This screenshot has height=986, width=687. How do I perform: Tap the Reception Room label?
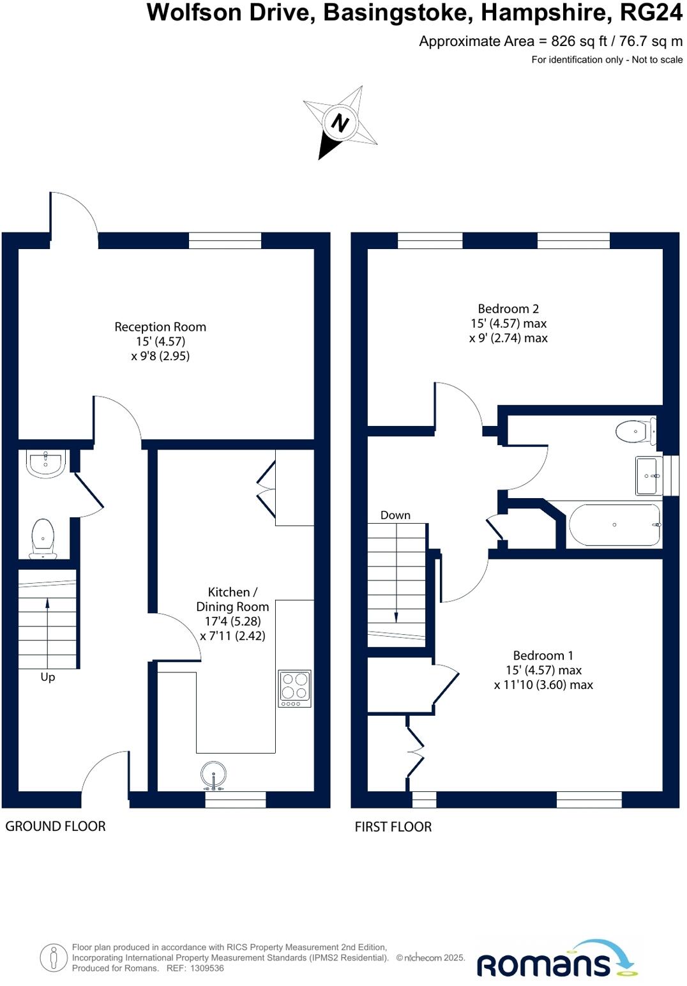pyautogui.click(x=160, y=327)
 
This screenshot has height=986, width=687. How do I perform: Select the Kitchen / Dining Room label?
pyautogui.click(x=232, y=599)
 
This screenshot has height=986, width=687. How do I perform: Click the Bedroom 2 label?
pyautogui.click(x=508, y=309)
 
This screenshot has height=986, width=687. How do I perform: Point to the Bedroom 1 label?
pyautogui.click(x=543, y=656)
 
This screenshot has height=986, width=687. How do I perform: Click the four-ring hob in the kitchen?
pyautogui.click(x=294, y=688)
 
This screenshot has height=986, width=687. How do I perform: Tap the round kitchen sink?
pyautogui.click(x=213, y=775)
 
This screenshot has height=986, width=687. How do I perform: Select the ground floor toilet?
pyautogui.click(x=43, y=538)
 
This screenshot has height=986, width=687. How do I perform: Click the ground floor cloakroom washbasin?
pyautogui.click(x=45, y=464)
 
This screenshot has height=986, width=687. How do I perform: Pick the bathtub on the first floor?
pyautogui.click(x=614, y=525)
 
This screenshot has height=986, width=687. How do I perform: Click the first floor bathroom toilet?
pyautogui.click(x=635, y=432)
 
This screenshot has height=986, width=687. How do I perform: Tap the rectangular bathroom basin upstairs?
pyautogui.click(x=649, y=476)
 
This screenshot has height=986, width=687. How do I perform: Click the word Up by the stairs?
pyautogui.click(x=48, y=677)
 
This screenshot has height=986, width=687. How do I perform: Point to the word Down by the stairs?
pyautogui.click(x=395, y=515)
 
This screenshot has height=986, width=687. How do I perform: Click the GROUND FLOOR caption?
pyautogui.click(x=56, y=826)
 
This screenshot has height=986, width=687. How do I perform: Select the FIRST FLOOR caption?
pyautogui.click(x=393, y=827)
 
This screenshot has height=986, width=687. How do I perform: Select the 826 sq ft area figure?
pyautogui.click(x=572, y=42)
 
